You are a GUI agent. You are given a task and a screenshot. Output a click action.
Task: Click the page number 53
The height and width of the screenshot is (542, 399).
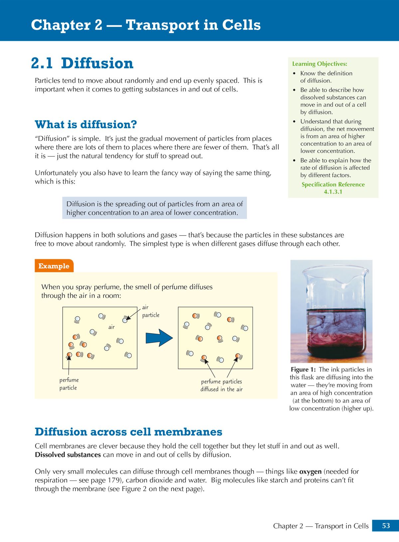pyautogui.click(x=386, y=525)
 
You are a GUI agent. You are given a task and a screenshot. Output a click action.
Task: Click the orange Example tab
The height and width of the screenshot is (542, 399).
pyautogui.click(x=54, y=266)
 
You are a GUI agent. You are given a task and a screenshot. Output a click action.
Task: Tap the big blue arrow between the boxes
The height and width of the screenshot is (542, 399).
pyautogui.click(x=159, y=338)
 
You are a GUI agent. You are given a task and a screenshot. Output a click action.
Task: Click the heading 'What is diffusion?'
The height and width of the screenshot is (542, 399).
pyautogui.click(x=86, y=125)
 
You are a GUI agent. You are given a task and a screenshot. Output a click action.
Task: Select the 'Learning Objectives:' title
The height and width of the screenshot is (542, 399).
pyautogui.click(x=319, y=64)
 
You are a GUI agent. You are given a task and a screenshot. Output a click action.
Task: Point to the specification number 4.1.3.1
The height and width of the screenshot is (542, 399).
pyautogui.click(x=333, y=192)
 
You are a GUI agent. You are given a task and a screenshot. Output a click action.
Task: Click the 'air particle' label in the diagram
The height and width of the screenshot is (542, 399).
pyautogui.click(x=150, y=311)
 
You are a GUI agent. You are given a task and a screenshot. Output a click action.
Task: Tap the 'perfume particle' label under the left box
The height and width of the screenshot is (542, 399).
pyautogui.click(x=69, y=384)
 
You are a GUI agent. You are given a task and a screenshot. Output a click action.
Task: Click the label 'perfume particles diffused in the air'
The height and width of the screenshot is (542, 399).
pyautogui.click(x=221, y=385)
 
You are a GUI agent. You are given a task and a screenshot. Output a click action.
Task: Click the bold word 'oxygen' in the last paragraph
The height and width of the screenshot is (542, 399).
pyautogui.click(x=310, y=472)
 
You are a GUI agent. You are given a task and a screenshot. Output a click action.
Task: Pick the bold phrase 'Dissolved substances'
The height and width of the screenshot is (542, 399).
pyautogui.click(x=68, y=455)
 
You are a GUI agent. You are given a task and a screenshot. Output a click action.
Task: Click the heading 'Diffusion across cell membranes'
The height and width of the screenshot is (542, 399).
pyautogui.click(x=128, y=432)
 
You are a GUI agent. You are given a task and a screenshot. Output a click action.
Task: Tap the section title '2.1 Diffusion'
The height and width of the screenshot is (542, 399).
pyautogui.click(x=82, y=63)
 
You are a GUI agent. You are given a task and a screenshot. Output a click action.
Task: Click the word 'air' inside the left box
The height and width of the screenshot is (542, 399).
pyautogui.click(x=111, y=327)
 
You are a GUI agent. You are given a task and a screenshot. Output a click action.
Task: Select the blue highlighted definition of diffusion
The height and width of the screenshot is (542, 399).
pyautogui.click(x=154, y=208)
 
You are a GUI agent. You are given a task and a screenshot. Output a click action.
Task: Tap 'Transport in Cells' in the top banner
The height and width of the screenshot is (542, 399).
pyautogui.click(x=193, y=25)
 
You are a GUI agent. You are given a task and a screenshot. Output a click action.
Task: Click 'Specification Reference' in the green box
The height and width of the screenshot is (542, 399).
pyautogui.click(x=333, y=184)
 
